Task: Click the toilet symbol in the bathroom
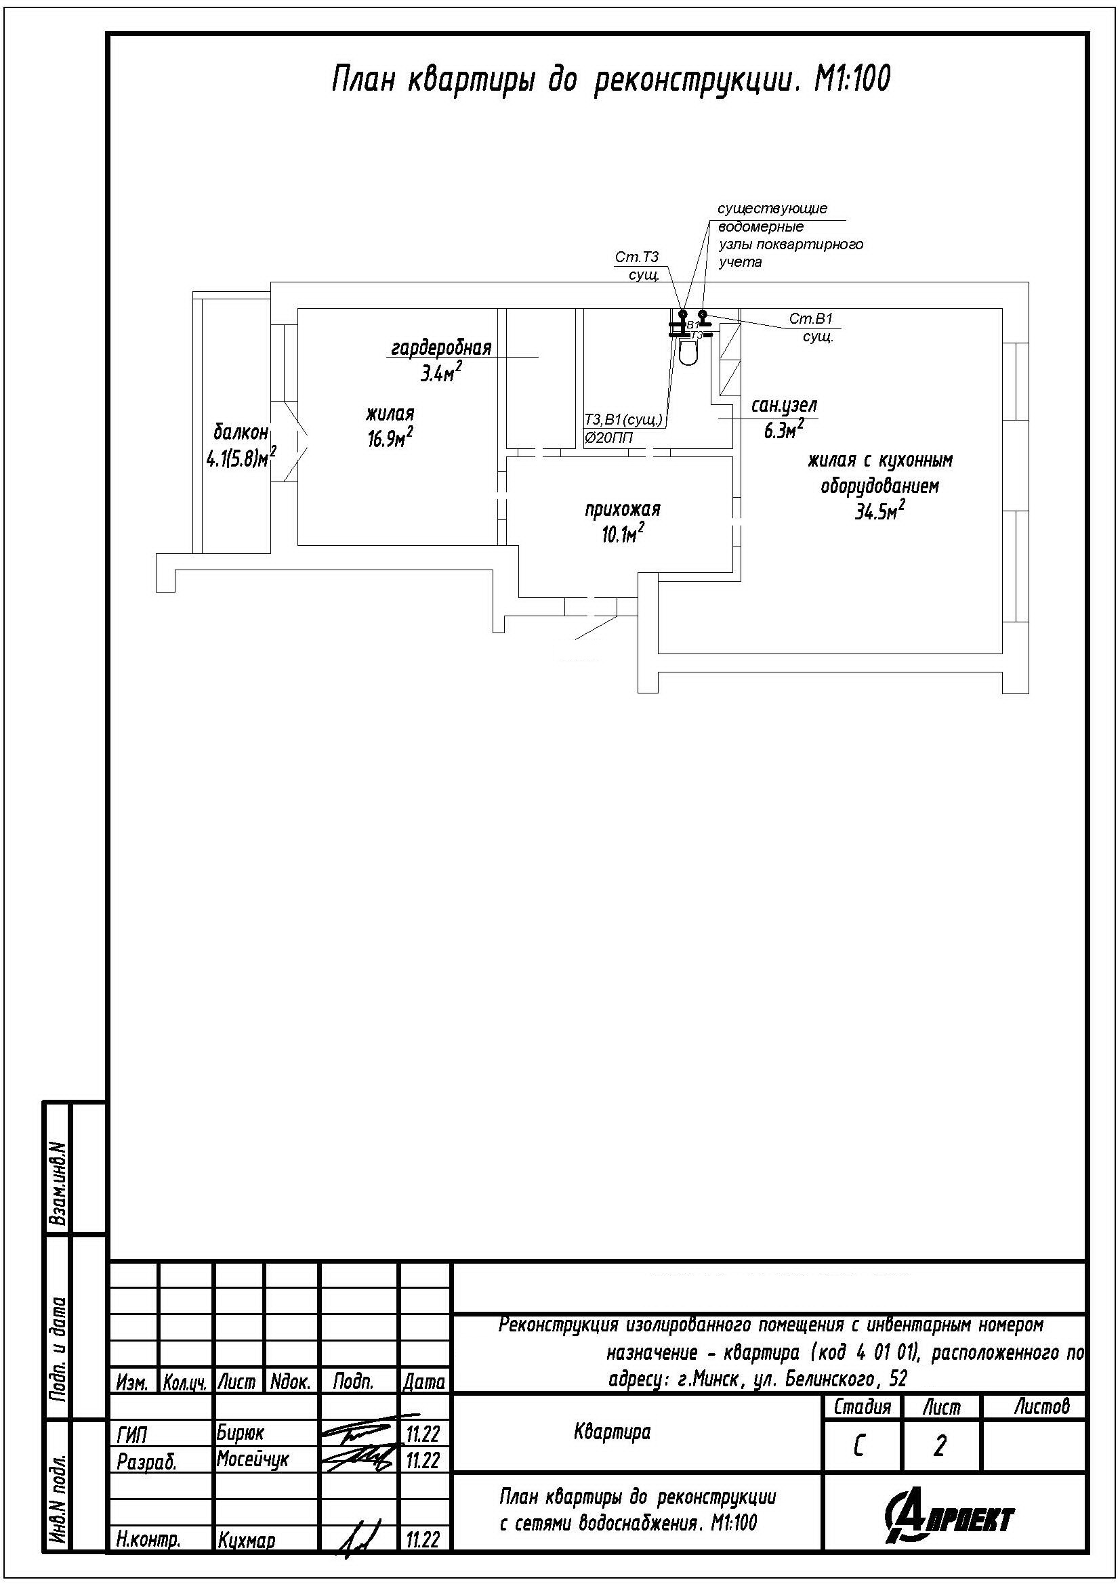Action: tap(688, 352)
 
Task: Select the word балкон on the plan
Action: tap(240, 433)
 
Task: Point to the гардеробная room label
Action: tap(441, 347)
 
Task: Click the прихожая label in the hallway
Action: tap(623, 509)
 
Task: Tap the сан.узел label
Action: tap(784, 406)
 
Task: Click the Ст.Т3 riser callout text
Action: tap(637, 257)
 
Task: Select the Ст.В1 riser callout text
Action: tap(812, 319)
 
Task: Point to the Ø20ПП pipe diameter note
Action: tap(608, 437)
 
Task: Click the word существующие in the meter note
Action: tap(772, 209)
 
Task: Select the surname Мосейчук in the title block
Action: tap(253, 1459)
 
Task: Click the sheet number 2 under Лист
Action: tap(939, 1446)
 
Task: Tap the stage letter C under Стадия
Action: tap(858, 1446)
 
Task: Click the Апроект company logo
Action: tap(949, 1518)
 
